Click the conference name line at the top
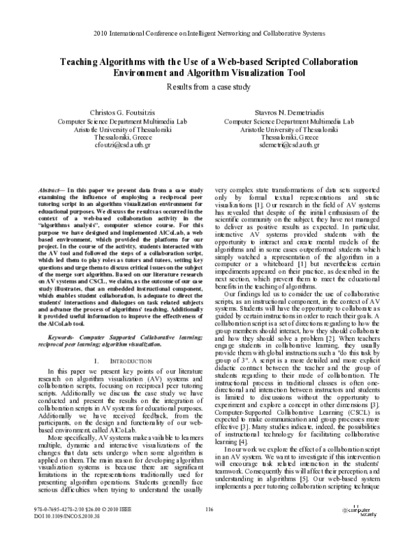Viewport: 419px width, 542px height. tap(209, 32)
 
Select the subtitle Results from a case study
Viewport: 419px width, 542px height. tap(209, 87)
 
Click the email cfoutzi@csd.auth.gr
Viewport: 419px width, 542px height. tap(115, 146)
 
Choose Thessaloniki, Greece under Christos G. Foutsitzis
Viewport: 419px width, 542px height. tap(115, 138)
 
